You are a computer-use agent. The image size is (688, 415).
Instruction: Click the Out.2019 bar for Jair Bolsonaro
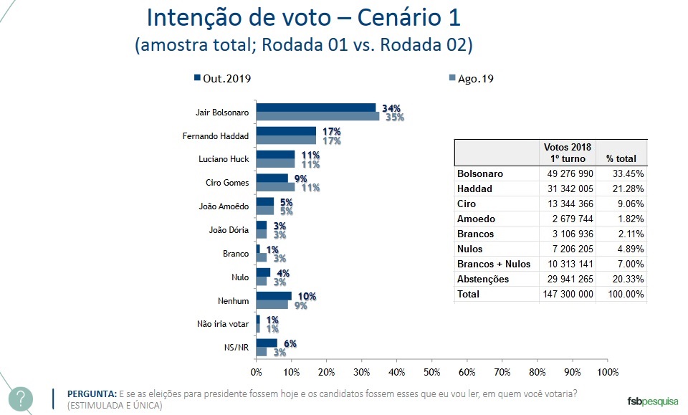coord(316,108)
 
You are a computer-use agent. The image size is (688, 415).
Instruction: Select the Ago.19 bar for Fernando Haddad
coord(286,140)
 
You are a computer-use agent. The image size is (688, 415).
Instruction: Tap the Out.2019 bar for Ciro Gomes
coord(272,178)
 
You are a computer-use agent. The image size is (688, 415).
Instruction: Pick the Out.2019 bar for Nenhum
coord(274,295)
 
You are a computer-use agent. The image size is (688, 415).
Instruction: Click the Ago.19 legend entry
coord(470,79)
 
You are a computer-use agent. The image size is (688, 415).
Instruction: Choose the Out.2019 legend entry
coord(222,79)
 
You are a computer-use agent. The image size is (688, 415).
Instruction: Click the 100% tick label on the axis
coord(608,372)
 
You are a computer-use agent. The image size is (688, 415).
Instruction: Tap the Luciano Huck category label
coord(224,159)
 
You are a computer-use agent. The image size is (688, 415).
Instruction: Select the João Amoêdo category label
coord(224,206)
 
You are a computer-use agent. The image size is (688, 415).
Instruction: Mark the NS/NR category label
coord(236,348)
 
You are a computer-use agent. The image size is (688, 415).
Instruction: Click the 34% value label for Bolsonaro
coord(391,108)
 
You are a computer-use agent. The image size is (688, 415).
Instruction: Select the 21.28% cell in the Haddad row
coord(625,188)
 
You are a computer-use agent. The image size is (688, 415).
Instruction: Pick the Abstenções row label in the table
coord(483,280)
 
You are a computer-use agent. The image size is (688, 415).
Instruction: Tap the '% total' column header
coord(621,158)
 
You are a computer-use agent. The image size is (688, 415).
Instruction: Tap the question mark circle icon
coord(21,399)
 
